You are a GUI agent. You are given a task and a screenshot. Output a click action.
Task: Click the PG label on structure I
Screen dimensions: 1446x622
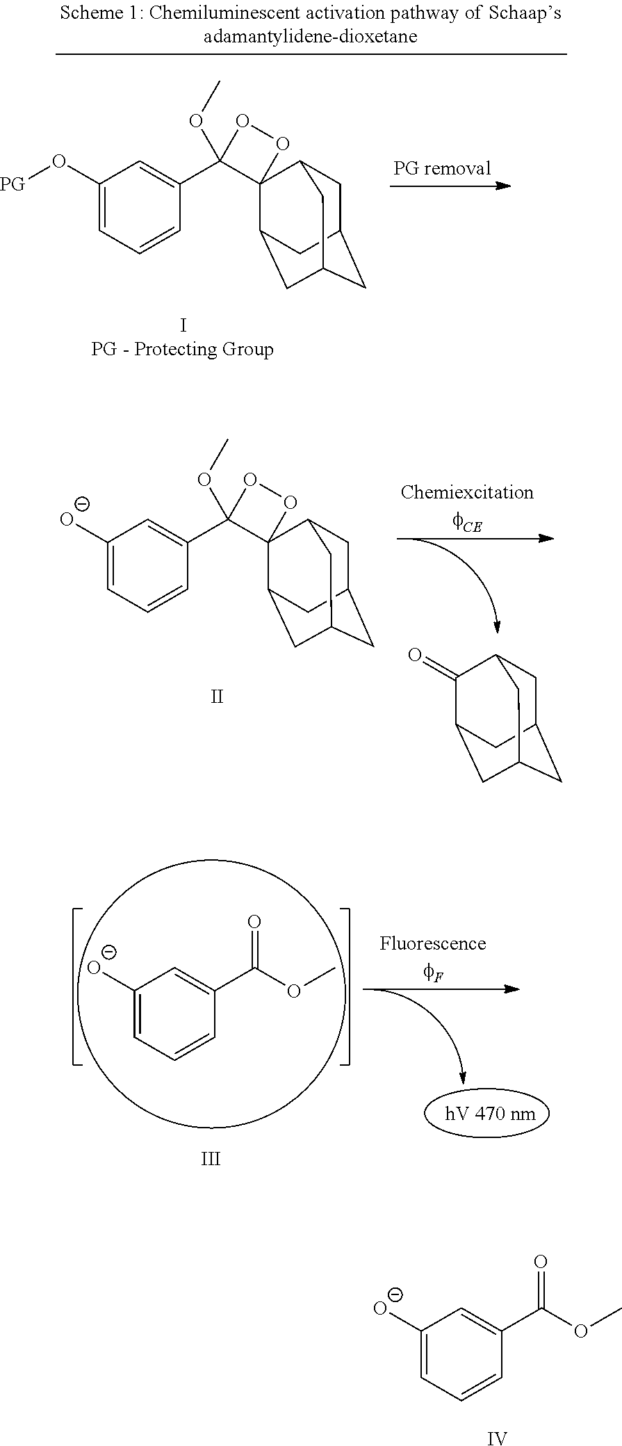13,184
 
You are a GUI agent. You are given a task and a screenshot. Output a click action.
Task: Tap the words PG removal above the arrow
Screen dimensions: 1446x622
442,168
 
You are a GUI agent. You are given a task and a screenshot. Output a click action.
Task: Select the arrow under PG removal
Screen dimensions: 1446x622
450,186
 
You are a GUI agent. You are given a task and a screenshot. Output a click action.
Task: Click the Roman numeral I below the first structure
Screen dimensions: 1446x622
183,325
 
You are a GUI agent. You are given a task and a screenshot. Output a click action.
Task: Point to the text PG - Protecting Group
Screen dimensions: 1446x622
182,349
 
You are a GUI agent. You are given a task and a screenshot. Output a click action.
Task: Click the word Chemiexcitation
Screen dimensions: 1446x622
467,492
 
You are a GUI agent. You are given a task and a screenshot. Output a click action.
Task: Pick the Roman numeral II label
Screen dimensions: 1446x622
217,696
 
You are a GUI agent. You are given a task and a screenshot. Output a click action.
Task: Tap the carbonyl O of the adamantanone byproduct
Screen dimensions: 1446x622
415,655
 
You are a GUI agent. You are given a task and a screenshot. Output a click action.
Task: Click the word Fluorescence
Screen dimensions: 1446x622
432,943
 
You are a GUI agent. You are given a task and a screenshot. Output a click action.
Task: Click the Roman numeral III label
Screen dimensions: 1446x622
210,1159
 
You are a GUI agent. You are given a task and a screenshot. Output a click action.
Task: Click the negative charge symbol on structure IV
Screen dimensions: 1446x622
395,1294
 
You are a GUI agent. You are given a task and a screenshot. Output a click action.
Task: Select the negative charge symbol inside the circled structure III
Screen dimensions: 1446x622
109,952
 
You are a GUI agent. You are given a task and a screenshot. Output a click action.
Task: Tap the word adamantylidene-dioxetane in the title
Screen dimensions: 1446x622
311,36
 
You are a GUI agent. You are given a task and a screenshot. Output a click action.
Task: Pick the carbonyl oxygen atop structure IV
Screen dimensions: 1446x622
541,1262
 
